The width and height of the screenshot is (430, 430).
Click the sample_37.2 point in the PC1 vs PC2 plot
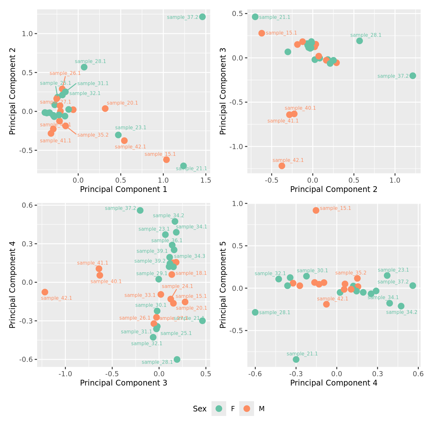click(202, 17)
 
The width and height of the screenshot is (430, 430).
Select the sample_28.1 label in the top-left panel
click(90, 61)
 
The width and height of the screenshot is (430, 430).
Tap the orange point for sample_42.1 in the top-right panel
click(282, 166)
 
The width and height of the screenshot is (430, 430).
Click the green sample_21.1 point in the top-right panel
click(255, 17)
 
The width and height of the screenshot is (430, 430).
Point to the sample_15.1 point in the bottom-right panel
click(316, 210)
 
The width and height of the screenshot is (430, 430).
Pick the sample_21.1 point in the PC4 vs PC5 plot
click(296, 359)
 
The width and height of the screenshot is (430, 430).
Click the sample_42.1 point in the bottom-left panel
click(45, 292)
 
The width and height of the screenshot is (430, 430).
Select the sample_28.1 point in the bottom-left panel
click(177, 359)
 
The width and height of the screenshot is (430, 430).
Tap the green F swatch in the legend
click(219, 409)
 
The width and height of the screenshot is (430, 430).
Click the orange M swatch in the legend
click(247, 409)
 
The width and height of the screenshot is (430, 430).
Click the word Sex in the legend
click(200, 409)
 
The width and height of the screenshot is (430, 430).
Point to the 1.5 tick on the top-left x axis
click(206, 180)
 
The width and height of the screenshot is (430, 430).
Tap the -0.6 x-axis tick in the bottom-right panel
click(255, 374)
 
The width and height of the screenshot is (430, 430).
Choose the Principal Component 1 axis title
click(123, 189)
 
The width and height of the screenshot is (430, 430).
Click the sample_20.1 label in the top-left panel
click(122, 103)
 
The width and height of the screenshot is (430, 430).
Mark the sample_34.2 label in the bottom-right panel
click(402, 312)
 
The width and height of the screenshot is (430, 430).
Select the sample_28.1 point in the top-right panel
click(359, 41)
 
